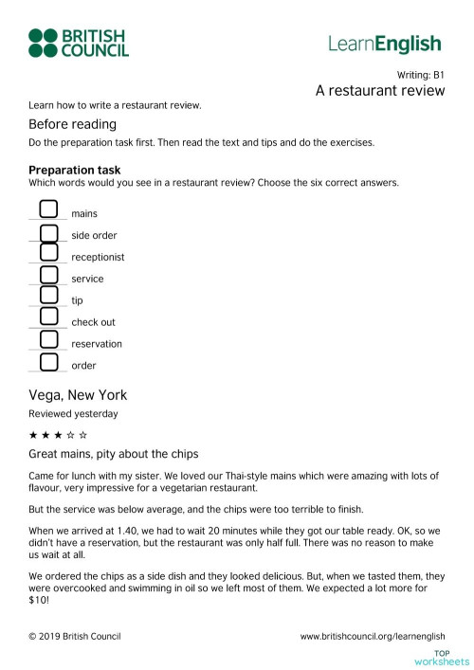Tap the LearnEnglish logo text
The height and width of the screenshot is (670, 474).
pos(384,44)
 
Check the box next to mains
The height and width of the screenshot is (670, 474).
pos(48,209)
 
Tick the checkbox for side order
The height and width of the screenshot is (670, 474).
pos(48,232)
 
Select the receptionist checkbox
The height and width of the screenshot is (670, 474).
pos(48,254)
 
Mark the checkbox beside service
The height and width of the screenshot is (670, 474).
pos(48,276)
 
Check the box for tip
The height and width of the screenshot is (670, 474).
pos(48,298)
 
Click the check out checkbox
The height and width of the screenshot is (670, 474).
pos(48,319)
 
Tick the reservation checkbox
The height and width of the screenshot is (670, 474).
pos(48,340)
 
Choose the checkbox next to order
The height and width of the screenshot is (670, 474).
pos(48,362)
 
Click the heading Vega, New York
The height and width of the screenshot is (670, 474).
pos(78,395)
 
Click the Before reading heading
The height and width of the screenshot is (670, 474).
pos(72,124)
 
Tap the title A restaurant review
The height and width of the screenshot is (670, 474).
pos(380,91)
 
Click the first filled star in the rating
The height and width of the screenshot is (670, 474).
pos(34,434)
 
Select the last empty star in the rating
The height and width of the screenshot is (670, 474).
pos(83,434)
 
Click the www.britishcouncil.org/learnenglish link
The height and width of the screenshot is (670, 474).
pos(372,636)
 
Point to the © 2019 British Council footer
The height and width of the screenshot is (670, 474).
pos(75,636)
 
